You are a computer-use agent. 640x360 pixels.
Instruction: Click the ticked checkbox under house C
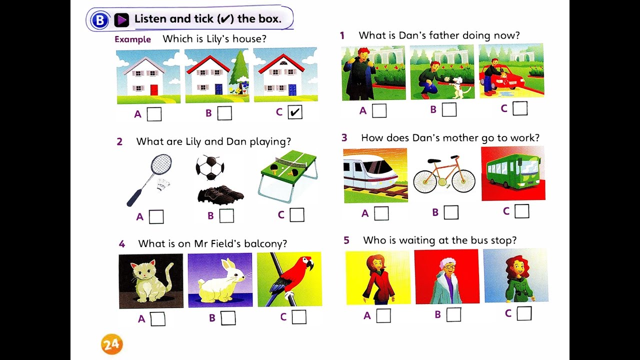(295, 111)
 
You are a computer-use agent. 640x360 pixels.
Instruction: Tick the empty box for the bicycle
(451, 212)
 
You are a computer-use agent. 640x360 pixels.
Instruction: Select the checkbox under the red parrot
(299, 317)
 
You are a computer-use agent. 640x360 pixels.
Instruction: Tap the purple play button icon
(121, 20)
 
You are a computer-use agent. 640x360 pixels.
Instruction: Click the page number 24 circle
(111, 344)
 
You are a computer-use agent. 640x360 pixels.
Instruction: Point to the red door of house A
(154, 89)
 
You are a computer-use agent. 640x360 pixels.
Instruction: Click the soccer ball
(210, 167)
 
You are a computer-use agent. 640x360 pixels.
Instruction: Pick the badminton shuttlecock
(163, 185)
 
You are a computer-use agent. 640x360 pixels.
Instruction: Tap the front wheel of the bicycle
(463, 181)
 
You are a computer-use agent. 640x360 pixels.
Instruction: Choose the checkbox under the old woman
(453, 314)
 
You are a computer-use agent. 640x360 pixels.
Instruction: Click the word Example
(132, 39)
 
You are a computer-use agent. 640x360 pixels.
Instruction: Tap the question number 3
(344, 137)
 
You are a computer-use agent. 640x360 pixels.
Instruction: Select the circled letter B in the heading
(99, 20)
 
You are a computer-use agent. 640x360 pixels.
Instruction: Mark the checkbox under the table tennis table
(297, 214)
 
